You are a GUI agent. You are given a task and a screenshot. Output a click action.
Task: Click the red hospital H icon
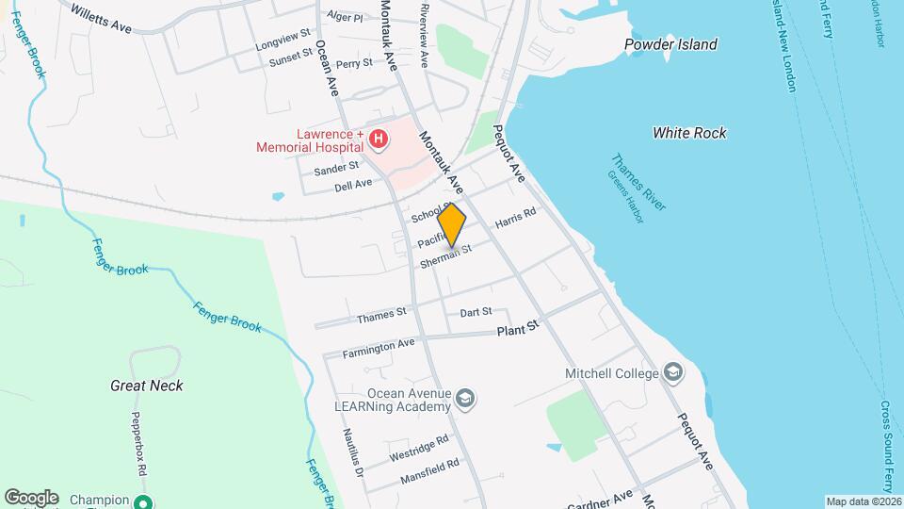(379, 140)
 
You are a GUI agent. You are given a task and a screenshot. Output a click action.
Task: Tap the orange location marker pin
(452, 226)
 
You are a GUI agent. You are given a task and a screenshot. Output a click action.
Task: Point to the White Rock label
(689, 133)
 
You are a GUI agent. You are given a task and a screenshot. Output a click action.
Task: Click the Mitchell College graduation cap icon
(672, 373)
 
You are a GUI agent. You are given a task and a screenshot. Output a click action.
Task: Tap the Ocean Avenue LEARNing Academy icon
(463, 400)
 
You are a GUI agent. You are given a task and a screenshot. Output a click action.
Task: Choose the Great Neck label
(147, 386)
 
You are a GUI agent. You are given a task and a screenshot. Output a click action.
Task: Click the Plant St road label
(518, 327)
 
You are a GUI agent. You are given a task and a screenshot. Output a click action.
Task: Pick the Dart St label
(476, 312)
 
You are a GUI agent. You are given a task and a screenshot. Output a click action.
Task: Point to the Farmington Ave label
(379, 347)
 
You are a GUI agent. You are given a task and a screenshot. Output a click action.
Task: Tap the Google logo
(30, 498)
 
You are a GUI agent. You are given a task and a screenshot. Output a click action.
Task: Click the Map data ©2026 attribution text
(864, 501)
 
